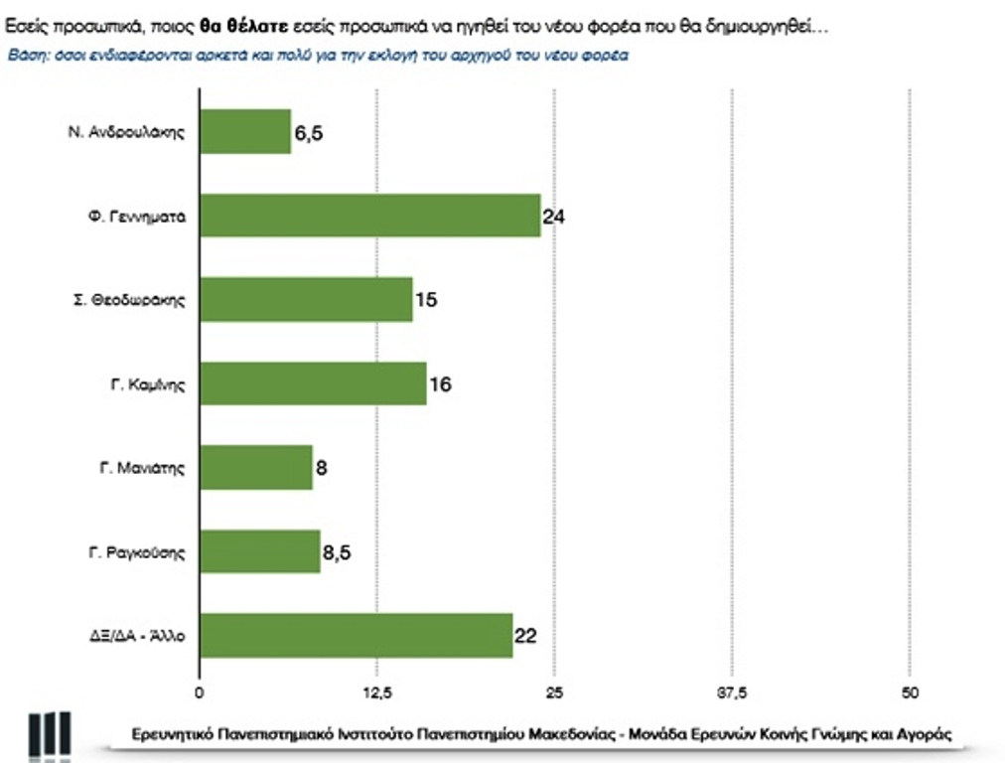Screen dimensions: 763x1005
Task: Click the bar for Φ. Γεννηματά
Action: click(369, 215)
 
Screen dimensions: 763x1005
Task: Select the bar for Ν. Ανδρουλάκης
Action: click(245, 131)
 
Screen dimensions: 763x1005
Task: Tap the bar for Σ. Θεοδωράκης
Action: click(306, 299)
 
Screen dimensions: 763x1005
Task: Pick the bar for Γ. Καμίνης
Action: click(313, 382)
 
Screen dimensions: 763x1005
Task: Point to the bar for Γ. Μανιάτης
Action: click(256, 467)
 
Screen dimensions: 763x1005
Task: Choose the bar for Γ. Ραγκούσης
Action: click(260, 550)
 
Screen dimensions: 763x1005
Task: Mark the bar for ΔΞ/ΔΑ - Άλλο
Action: click(356, 635)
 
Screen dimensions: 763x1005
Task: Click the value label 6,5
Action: click(309, 133)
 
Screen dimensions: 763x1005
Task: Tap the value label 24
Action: click(553, 216)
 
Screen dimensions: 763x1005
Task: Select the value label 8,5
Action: click(338, 551)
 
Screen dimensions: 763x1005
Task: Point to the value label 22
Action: click(525, 636)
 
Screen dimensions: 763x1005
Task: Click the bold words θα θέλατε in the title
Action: click(244, 28)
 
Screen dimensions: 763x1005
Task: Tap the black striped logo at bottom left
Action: click(49, 736)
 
